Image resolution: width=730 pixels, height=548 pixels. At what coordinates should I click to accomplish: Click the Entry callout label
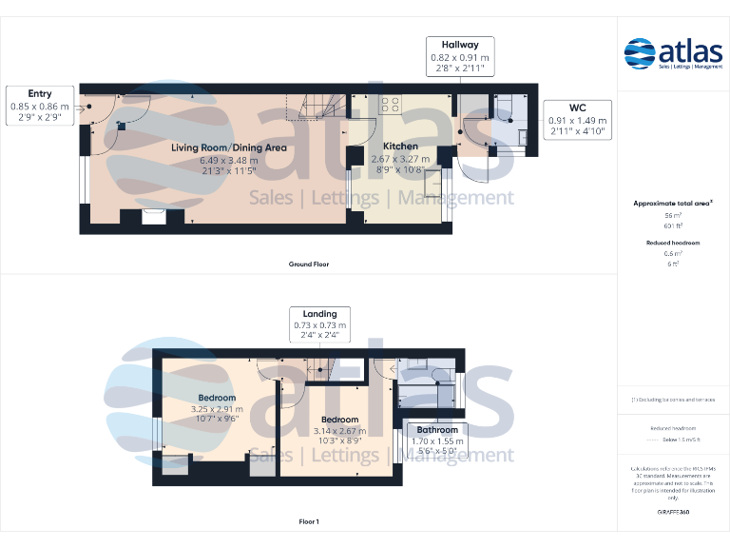click(x=40, y=94)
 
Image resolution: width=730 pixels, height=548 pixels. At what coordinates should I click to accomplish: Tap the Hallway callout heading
click(x=459, y=45)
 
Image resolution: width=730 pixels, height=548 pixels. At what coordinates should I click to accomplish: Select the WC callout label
click(x=577, y=108)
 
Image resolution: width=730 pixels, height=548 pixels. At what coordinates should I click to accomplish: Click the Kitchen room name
click(x=400, y=147)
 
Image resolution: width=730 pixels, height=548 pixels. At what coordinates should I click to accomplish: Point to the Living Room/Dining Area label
click(x=229, y=147)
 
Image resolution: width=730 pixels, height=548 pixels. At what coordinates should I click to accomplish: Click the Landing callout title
click(x=319, y=314)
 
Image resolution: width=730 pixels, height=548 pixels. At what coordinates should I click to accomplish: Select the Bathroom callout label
click(x=435, y=430)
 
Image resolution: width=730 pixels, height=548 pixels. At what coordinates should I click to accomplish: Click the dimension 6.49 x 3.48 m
click(x=229, y=160)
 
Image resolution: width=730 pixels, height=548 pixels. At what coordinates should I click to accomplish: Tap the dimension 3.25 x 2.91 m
click(x=217, y=410)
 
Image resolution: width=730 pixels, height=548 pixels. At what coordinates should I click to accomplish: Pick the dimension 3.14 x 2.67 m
click(x=339, y=431)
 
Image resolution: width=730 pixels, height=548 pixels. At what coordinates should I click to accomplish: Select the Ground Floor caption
click(x=309, y=264)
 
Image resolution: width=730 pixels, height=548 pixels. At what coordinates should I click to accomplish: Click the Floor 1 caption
click(x=309, y=521)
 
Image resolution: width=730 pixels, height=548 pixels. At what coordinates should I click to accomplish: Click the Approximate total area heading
click(x=672, y=204)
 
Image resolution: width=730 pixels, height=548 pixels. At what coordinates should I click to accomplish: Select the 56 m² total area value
click(x=673, y=216)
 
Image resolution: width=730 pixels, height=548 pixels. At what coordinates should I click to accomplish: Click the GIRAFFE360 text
click(x=673, y=512)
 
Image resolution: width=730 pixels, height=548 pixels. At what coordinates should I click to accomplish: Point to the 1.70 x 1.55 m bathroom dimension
click(x=435, y=441)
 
